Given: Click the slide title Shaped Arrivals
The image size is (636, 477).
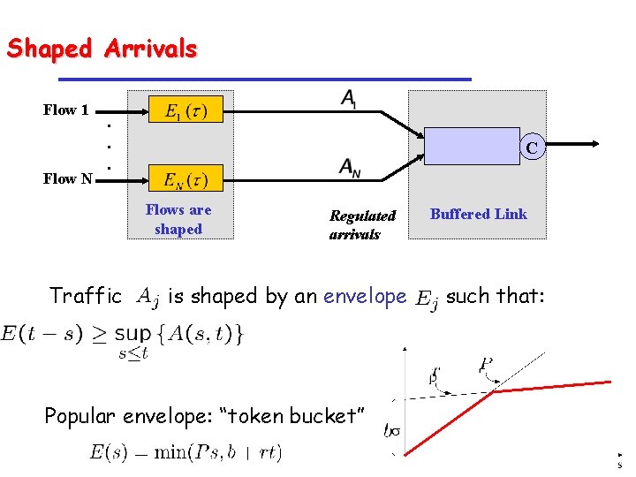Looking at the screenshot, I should [x=102, y=49].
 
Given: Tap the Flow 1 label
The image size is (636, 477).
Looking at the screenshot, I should [x=66, y=110].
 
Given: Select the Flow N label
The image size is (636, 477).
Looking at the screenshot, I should [x=68, y=178].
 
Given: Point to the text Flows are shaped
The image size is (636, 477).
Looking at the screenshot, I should [x=178, y=219].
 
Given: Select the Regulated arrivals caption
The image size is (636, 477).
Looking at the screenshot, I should [x=362, y=224].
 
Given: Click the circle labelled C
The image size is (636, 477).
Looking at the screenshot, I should [x=531, y=148].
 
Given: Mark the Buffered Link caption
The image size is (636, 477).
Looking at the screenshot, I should [x=479, y=214].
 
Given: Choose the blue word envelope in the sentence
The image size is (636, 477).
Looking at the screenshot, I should [x=365, y=296].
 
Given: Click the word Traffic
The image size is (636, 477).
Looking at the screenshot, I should [x=86, y=296].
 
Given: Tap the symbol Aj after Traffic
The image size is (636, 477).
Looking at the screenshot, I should [x=148, y=298].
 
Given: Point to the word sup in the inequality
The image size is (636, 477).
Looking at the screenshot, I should [x=132, y=334].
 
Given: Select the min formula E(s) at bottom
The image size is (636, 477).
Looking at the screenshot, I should [x=185, y=452].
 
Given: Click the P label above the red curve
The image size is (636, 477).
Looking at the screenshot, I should [x=487, y=365].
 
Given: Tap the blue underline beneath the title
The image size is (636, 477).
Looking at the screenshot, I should [x=239, y=80].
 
